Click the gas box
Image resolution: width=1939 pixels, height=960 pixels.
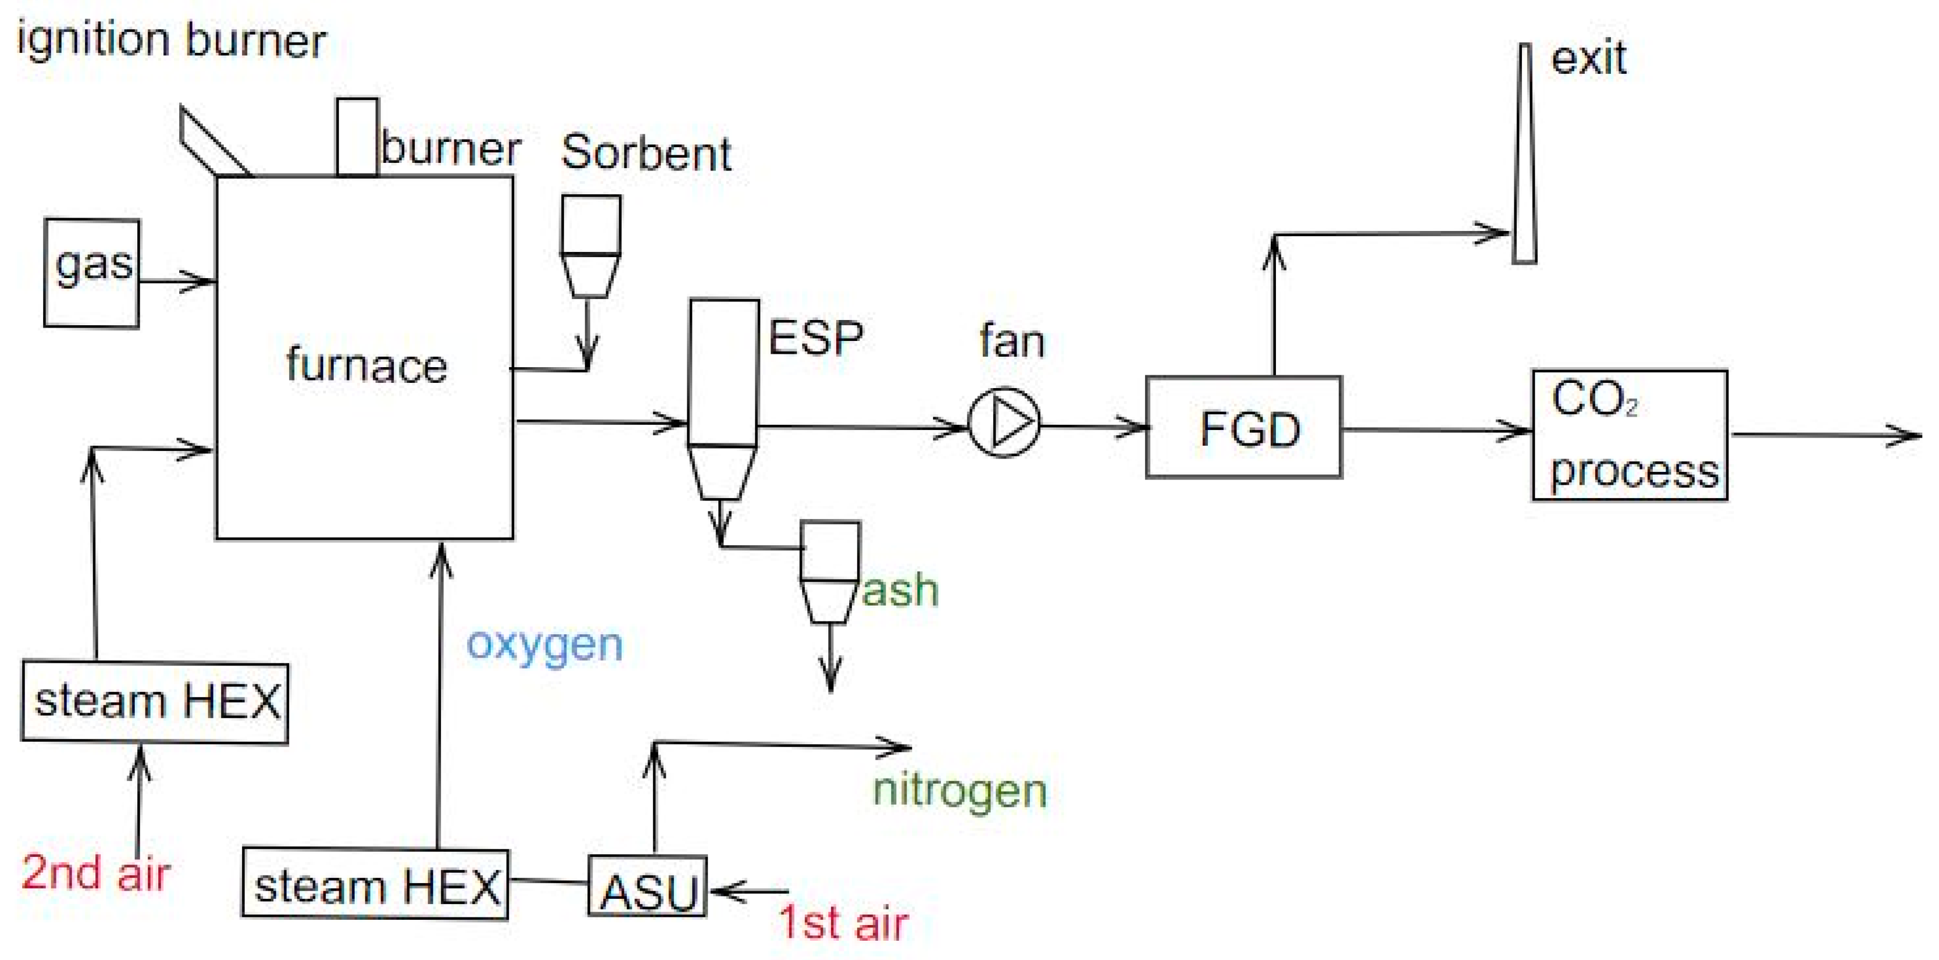point(91,272)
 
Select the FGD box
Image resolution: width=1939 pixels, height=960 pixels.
point(1243,428)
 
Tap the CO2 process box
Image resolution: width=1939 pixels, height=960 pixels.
point(1630,435)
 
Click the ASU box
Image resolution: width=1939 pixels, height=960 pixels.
point(647,886)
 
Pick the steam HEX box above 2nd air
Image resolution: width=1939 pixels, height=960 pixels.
point(155,702)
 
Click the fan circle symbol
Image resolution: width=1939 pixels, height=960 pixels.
point(1004,422)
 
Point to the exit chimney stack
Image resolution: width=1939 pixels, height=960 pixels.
point(1524,154)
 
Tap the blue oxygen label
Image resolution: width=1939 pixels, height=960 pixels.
point(544,645)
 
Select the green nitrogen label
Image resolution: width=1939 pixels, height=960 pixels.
point(960,791)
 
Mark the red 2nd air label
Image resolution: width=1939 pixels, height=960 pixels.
point(95,873)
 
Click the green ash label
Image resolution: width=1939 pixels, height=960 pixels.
point(900,589)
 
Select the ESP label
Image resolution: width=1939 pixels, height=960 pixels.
point(815,338)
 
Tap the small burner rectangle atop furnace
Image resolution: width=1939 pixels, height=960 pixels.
point(357,137)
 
